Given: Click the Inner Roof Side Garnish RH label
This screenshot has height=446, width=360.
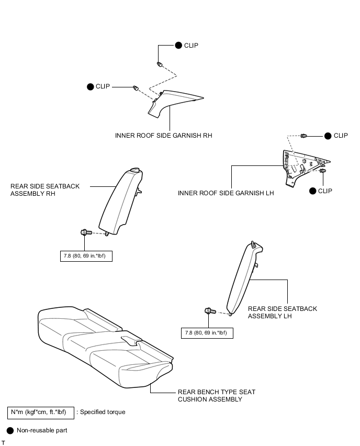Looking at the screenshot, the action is pos(163,136).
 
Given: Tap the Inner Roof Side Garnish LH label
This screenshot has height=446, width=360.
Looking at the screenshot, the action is pos(226,193).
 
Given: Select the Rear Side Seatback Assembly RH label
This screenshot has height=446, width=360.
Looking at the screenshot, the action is pos(45,189).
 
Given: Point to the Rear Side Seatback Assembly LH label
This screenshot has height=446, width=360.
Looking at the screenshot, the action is pos(283,313).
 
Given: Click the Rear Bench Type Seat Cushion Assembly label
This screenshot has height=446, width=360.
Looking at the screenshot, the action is pos(217,396).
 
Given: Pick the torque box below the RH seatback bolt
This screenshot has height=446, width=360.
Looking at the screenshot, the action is pos(86,256).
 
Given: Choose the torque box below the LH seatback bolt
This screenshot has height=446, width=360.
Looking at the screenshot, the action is pos(207,333).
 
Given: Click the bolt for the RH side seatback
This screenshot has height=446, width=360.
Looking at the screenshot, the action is pos(86,232).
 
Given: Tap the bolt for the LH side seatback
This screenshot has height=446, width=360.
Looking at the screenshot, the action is pos(210,311).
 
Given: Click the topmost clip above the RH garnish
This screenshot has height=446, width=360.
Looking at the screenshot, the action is pos(160,64).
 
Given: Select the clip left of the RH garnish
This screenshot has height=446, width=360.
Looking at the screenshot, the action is pos(136,88).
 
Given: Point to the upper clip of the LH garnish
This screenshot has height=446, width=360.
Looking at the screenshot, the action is pos(303,136).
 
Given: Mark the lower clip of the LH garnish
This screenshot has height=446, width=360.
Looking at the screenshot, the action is pos(322,171).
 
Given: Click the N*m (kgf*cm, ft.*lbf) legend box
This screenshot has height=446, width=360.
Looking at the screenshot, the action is pos(41,412).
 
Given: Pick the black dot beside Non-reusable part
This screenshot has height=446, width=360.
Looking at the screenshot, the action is pos(10,431).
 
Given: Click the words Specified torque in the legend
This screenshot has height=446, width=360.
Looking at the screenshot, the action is pos(103,412).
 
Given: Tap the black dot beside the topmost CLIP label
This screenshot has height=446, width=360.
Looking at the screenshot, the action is pos(178,46).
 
